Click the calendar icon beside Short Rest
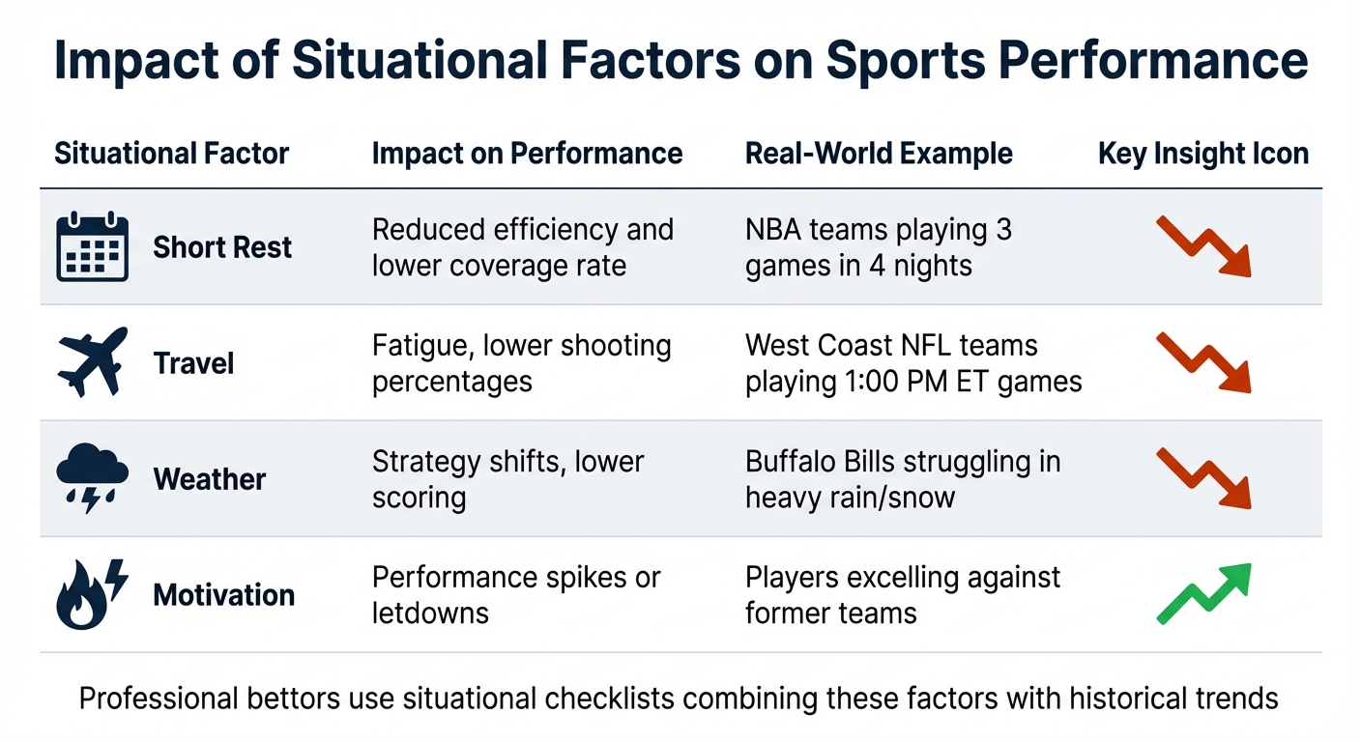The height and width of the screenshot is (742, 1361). pyautogui.click(x=92, y=246)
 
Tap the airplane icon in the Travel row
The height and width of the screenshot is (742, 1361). pyautogui.click(x=92, y=362)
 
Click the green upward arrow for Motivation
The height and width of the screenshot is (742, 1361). pyautogui.click(x=1203, y=593)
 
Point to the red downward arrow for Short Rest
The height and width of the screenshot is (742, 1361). pyautogui.click(x=1203, y=246)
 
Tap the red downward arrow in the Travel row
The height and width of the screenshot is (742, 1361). pyautogui.click(x=1203, y=362)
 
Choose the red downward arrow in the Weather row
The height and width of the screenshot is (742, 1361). pyautogui.click(x=1203, y=478)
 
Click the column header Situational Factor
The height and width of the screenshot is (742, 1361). pyautogui.click(x=171, y=154)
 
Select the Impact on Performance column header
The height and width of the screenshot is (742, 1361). pyautogui.click(x=527, y=154)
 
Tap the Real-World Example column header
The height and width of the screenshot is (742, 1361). pyautogui.click(x=879, y=154)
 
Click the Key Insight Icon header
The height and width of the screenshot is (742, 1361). pyautogui.click(x=1203, y=154)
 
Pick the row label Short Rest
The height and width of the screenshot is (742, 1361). pyautogui.click(x=222, y=247)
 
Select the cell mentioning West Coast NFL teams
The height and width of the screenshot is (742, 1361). pyautogui.click(x=912, y=363)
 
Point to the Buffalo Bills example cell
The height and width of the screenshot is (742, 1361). pyautogui.click(x=902, y=479)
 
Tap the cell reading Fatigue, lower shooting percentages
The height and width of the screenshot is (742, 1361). pyautogui.click(x=521, y=363)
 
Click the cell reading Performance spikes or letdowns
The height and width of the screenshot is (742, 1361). pyautogui.click(x=515, y=595)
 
